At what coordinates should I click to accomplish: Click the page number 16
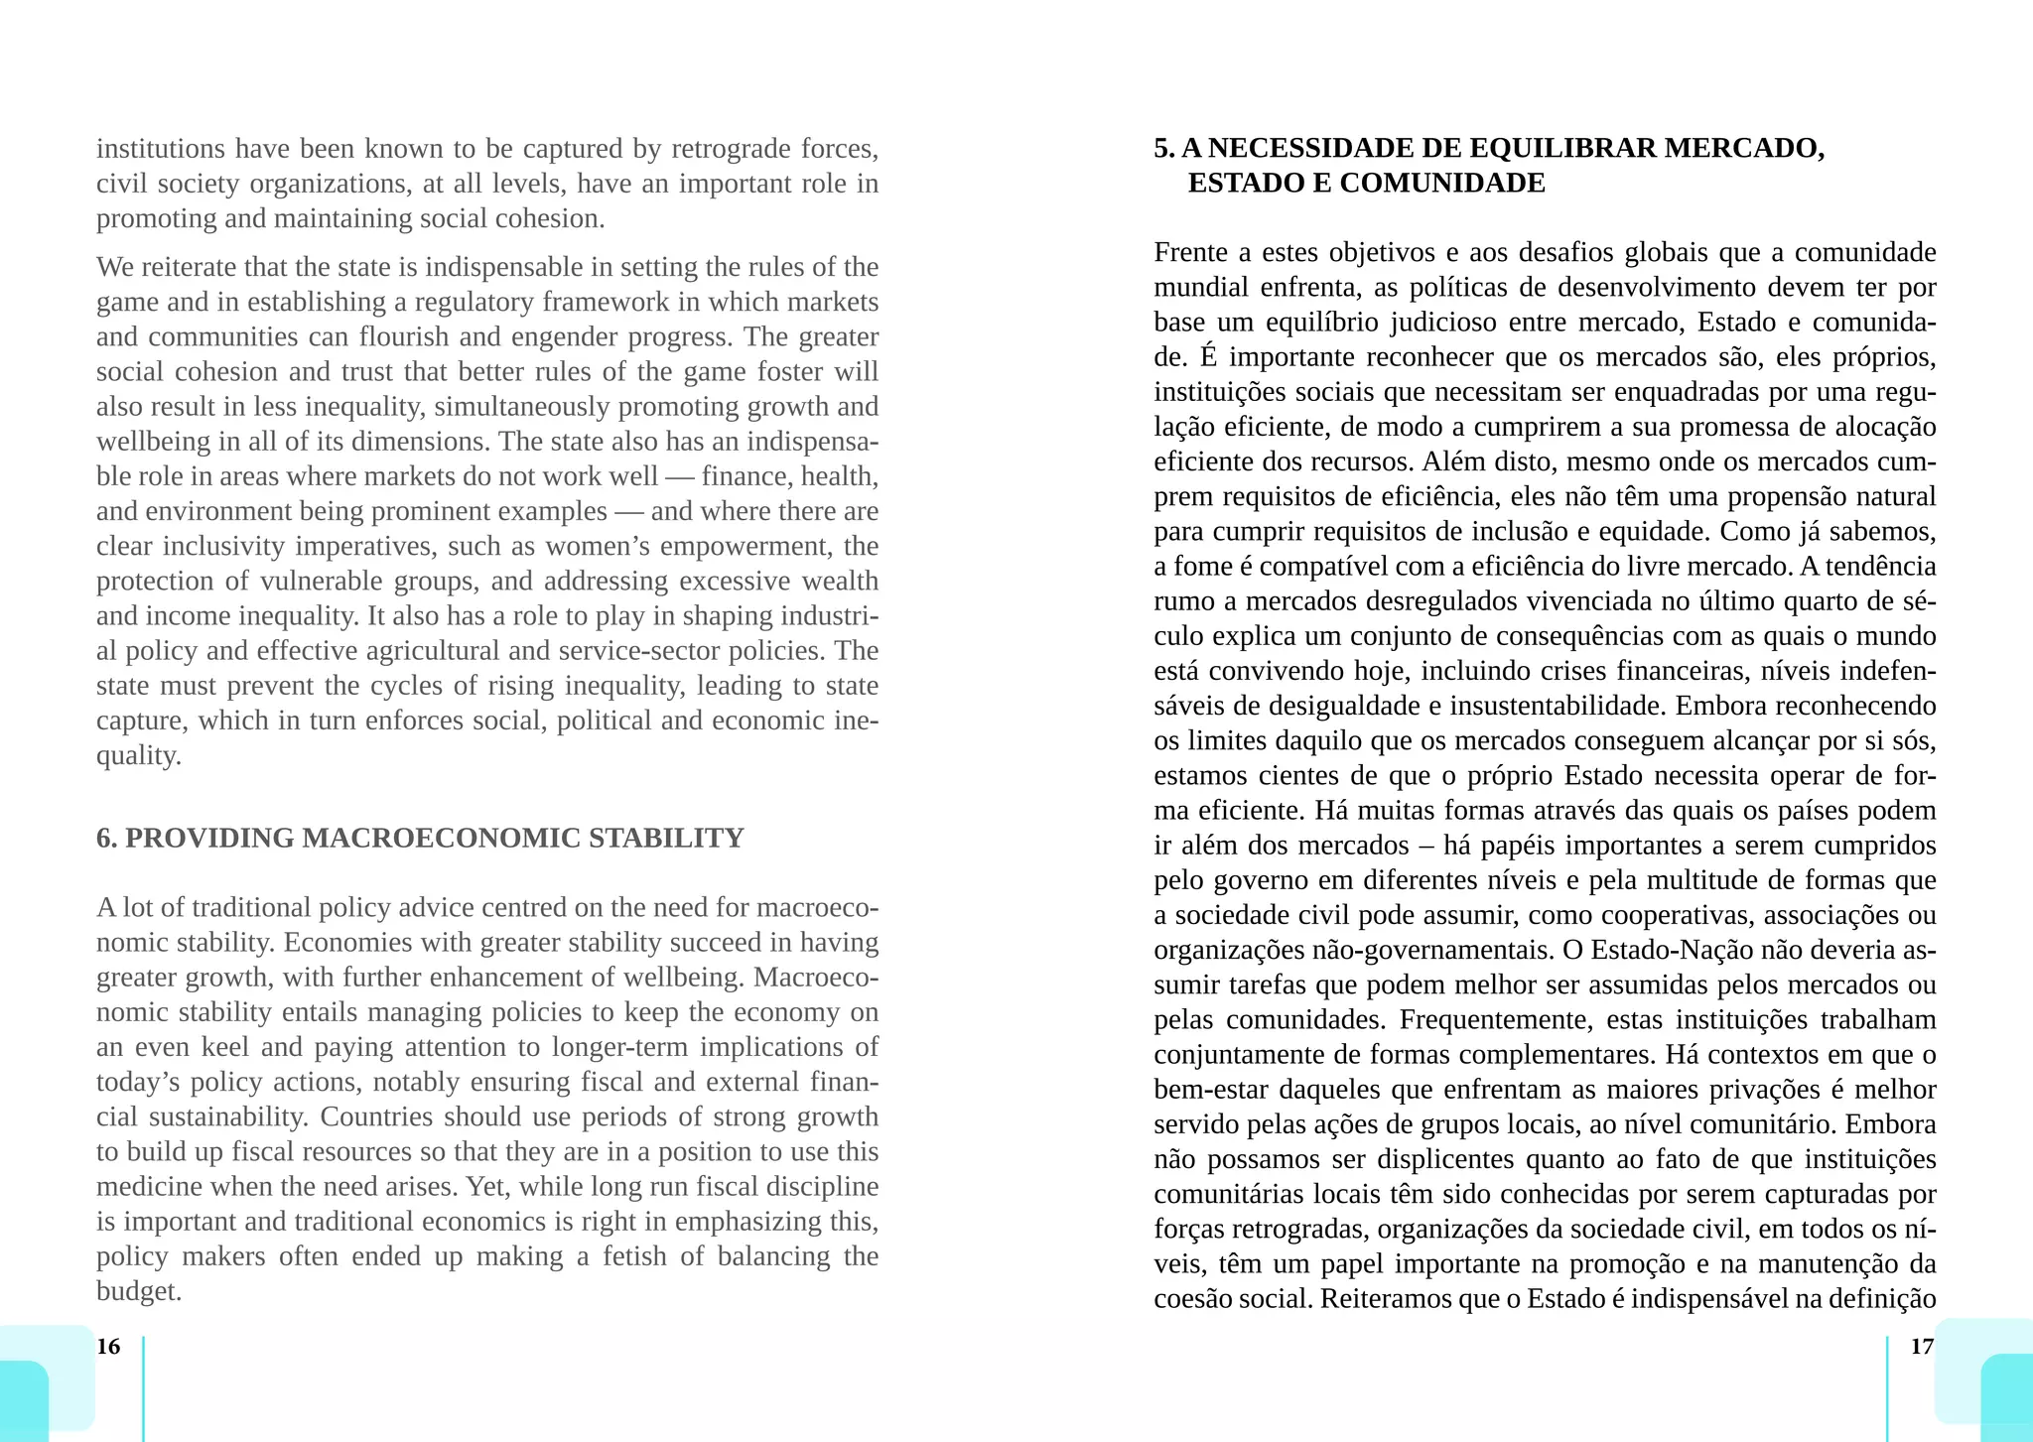tap(108, 1347)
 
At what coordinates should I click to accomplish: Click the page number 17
tap(1922, 1347)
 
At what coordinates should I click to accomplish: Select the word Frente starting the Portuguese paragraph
tap(1191, 253)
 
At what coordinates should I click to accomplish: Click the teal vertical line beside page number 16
tap(144, 1387)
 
